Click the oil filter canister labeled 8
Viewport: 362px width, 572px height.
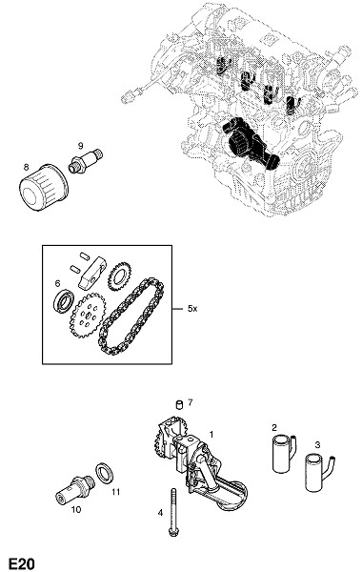[x=43, y=187]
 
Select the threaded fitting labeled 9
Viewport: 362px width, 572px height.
[x=86, y=160]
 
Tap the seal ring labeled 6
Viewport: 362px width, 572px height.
[x=65, y=301]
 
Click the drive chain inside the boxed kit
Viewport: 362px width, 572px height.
[x=131, y=317]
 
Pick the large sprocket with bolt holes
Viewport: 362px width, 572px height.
[x=88, y=316]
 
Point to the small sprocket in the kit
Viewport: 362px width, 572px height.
[x=119, y=276]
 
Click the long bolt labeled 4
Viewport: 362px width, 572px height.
[x=173, y=513]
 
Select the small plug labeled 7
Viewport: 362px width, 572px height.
[x=179, y=404]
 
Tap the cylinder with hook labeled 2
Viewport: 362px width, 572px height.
[x=284, y=453]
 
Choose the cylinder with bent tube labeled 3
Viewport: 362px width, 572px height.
[x=318, y=472]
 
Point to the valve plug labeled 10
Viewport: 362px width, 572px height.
[x=76, y=489]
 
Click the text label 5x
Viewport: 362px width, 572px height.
[x=192, y=309]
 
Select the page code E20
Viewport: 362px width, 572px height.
[x=22, y=563]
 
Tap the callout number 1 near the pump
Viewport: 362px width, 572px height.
[x=211, y=434]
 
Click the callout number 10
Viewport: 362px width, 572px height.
[x=76, y=510]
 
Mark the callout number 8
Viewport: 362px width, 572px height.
[x=26, y=167]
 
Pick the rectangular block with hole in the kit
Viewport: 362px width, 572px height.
[x=92, y=271]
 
